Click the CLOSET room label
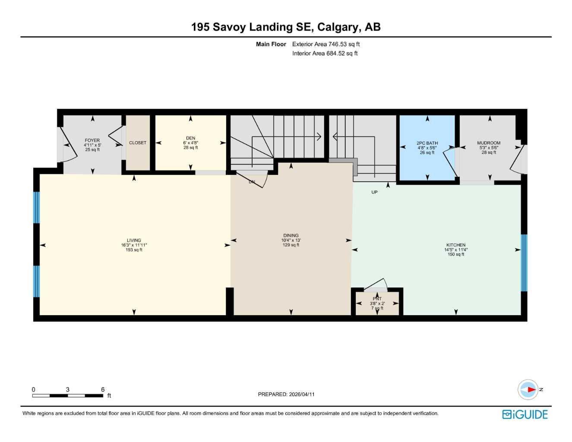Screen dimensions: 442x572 tap(138, 143)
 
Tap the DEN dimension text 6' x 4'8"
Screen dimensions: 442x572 tap(190, 143)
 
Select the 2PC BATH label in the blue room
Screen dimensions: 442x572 tap(427, 143)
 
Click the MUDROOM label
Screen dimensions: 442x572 tap(489, 143)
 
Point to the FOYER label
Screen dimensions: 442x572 tap(92, 140)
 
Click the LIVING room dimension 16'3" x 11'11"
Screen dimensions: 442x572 tap(134, 245)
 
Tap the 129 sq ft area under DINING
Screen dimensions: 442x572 tap(291, 245)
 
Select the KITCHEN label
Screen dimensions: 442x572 tap(456, 245)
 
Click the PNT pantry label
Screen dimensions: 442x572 tap(377, 299)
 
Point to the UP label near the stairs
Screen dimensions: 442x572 tap(374, 192)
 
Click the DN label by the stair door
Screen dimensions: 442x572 tap(252, 182)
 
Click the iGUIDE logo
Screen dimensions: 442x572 tap(525, 414)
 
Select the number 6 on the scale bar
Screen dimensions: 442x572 tap(103, 389)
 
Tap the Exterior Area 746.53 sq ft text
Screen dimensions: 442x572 tap(326, 44)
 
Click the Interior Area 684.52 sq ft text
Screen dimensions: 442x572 tap(325, 54)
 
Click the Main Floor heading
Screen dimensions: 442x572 tap(271, 44)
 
